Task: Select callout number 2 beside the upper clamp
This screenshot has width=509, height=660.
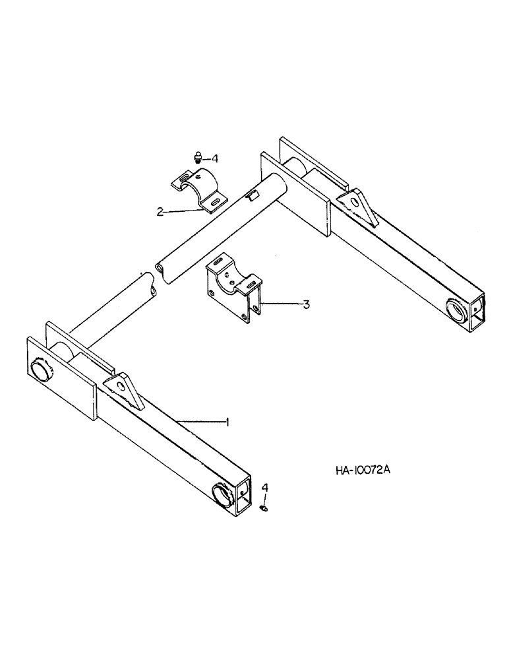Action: click(x=160, y=212)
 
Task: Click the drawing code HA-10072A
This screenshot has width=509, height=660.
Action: click(x=363, y=471)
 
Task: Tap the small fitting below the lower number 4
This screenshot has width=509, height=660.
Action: click(x=264, y=507)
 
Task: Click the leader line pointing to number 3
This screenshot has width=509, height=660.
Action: click(x=280, y=304)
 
